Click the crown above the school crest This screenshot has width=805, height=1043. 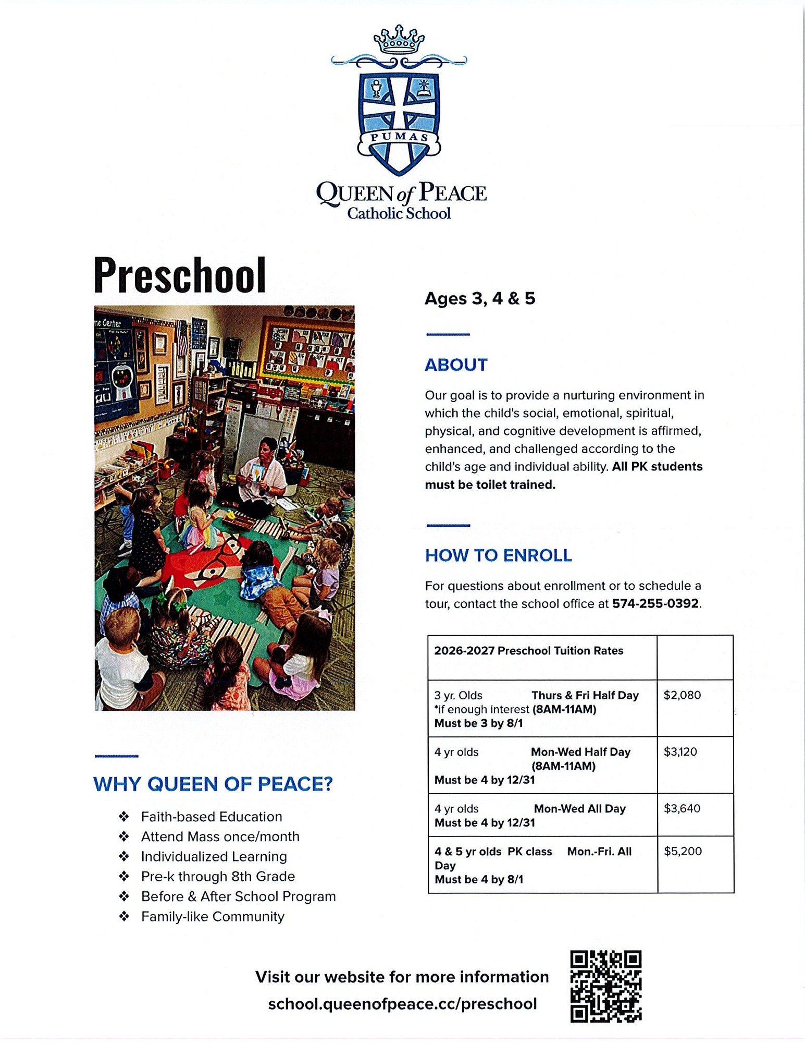pos(399,40)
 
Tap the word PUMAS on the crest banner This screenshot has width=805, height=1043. pos(399,137)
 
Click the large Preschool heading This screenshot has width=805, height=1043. pos(180,275)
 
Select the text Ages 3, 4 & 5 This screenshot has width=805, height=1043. pos(480,298)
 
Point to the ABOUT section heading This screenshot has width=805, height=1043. pos(456,365)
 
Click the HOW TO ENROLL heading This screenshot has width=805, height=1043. pos(498,555)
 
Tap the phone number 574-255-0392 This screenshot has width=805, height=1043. pos(655,603)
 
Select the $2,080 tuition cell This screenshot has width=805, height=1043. pos(682,695)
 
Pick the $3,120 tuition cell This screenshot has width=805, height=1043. pos(680,752)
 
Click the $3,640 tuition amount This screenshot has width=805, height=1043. pos(682,809)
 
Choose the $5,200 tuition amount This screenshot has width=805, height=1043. pos(683,852)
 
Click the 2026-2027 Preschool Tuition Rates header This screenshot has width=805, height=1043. pos(528,651)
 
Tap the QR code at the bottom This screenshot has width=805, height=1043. pos(605,986)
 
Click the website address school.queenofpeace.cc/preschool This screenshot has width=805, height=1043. pos(402,1004)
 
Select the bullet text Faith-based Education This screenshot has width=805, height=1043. pos(212,817)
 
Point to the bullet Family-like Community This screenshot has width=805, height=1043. pos(213,916)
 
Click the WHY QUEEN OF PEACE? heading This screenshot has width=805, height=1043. pos(213,784)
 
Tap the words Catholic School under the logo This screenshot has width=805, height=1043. pos(399,213)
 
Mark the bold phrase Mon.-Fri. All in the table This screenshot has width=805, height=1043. pos(599,852)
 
